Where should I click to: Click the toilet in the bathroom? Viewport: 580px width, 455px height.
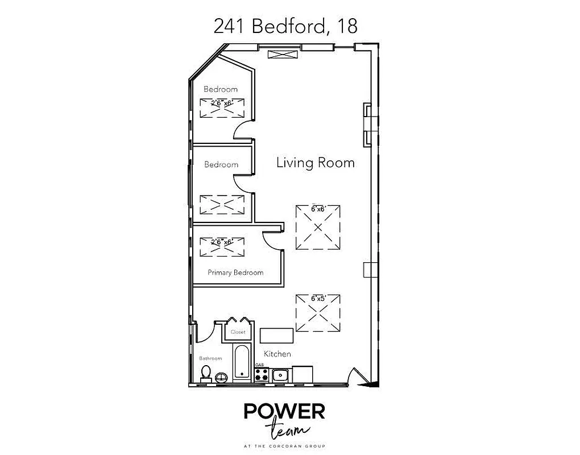206,373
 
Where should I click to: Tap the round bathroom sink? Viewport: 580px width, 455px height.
221,375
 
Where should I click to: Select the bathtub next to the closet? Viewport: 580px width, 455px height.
242,362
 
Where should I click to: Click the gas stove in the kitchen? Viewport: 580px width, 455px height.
262,374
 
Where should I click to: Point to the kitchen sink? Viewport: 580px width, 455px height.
279,375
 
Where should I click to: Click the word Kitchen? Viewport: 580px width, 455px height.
277,354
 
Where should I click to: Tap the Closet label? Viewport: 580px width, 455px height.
238,332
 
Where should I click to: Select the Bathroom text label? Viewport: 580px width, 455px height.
210,358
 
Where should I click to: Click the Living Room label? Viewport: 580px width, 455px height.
315,163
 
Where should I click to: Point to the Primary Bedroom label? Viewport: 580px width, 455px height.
235,272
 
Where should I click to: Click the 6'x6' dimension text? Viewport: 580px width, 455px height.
317,209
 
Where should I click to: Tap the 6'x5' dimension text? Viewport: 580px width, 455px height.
317,298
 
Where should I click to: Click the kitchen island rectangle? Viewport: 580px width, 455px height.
277,336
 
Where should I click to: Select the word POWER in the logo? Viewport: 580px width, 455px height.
284,411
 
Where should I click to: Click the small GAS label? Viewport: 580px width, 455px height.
259,365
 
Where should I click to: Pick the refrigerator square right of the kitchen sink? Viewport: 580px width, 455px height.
302,374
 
